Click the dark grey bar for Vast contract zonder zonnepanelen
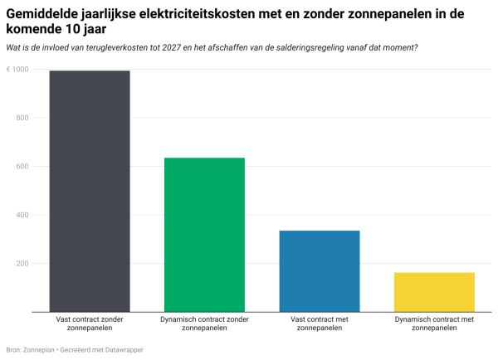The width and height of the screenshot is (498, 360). pos(90,191)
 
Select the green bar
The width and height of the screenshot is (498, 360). pos(204,235)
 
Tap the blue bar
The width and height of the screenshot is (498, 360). pos(319,271)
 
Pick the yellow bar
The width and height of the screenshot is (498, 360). pos(433,292)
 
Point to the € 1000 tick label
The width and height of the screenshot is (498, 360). pos(18,70)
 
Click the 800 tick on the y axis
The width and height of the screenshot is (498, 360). pos(22,118)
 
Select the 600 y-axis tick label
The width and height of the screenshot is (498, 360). pos(22,167)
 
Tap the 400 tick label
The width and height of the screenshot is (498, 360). pos(22,216)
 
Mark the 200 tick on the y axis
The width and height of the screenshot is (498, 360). pos(22,264)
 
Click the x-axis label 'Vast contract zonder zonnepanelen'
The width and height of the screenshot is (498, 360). pos(90,324)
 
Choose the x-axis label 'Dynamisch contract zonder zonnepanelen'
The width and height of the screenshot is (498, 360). pos(204,324)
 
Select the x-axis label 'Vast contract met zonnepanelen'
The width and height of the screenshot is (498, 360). pos(319,324)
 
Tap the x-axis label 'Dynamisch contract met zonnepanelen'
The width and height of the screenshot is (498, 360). pos(433,324)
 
